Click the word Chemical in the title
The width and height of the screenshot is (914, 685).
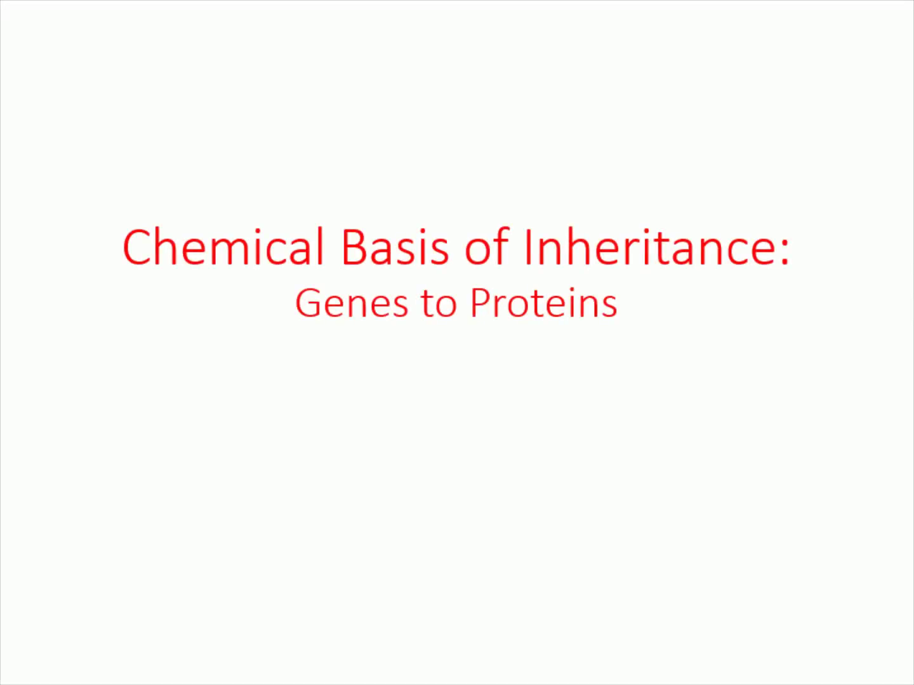(223, 246)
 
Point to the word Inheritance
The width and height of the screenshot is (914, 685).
(650, 246)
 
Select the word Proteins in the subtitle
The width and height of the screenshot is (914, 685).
(544, 303)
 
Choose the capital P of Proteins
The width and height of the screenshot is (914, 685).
(481, 303)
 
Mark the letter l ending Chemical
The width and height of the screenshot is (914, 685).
(321, 246)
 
